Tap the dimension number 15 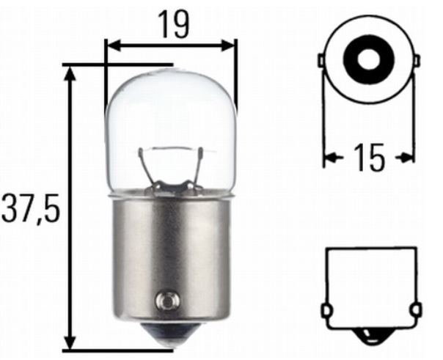click(369, 157)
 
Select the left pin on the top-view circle click(321, 60)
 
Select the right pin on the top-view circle click(417, 60)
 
